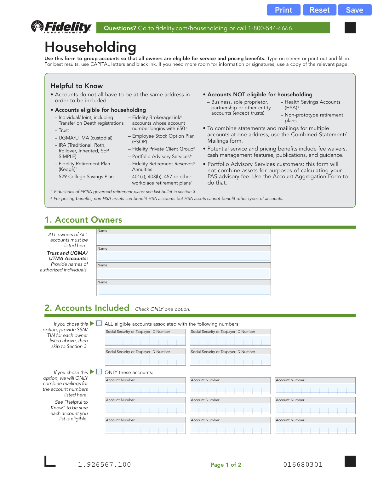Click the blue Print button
click(283, 10)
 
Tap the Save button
click(354, 10)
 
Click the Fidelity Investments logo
click(61, 27)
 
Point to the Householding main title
click(90, 47)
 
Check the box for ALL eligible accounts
click(99, 323)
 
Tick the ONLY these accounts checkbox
click(99, 372)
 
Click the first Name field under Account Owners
click(183, 240)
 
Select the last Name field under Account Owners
click(183, 290)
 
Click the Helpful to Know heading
click(77, 86)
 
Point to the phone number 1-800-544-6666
click(270, 28)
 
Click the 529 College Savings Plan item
click(86, 177)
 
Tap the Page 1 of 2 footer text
click(226, 465)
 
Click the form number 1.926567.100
click(104, 464)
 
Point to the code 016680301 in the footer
click(303, 464)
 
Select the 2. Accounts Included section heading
click(87, 308)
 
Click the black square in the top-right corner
click(350, 28)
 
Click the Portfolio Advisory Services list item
click(162, 156)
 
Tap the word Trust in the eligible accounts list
click(64, 130)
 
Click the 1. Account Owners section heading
click(83, 220)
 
